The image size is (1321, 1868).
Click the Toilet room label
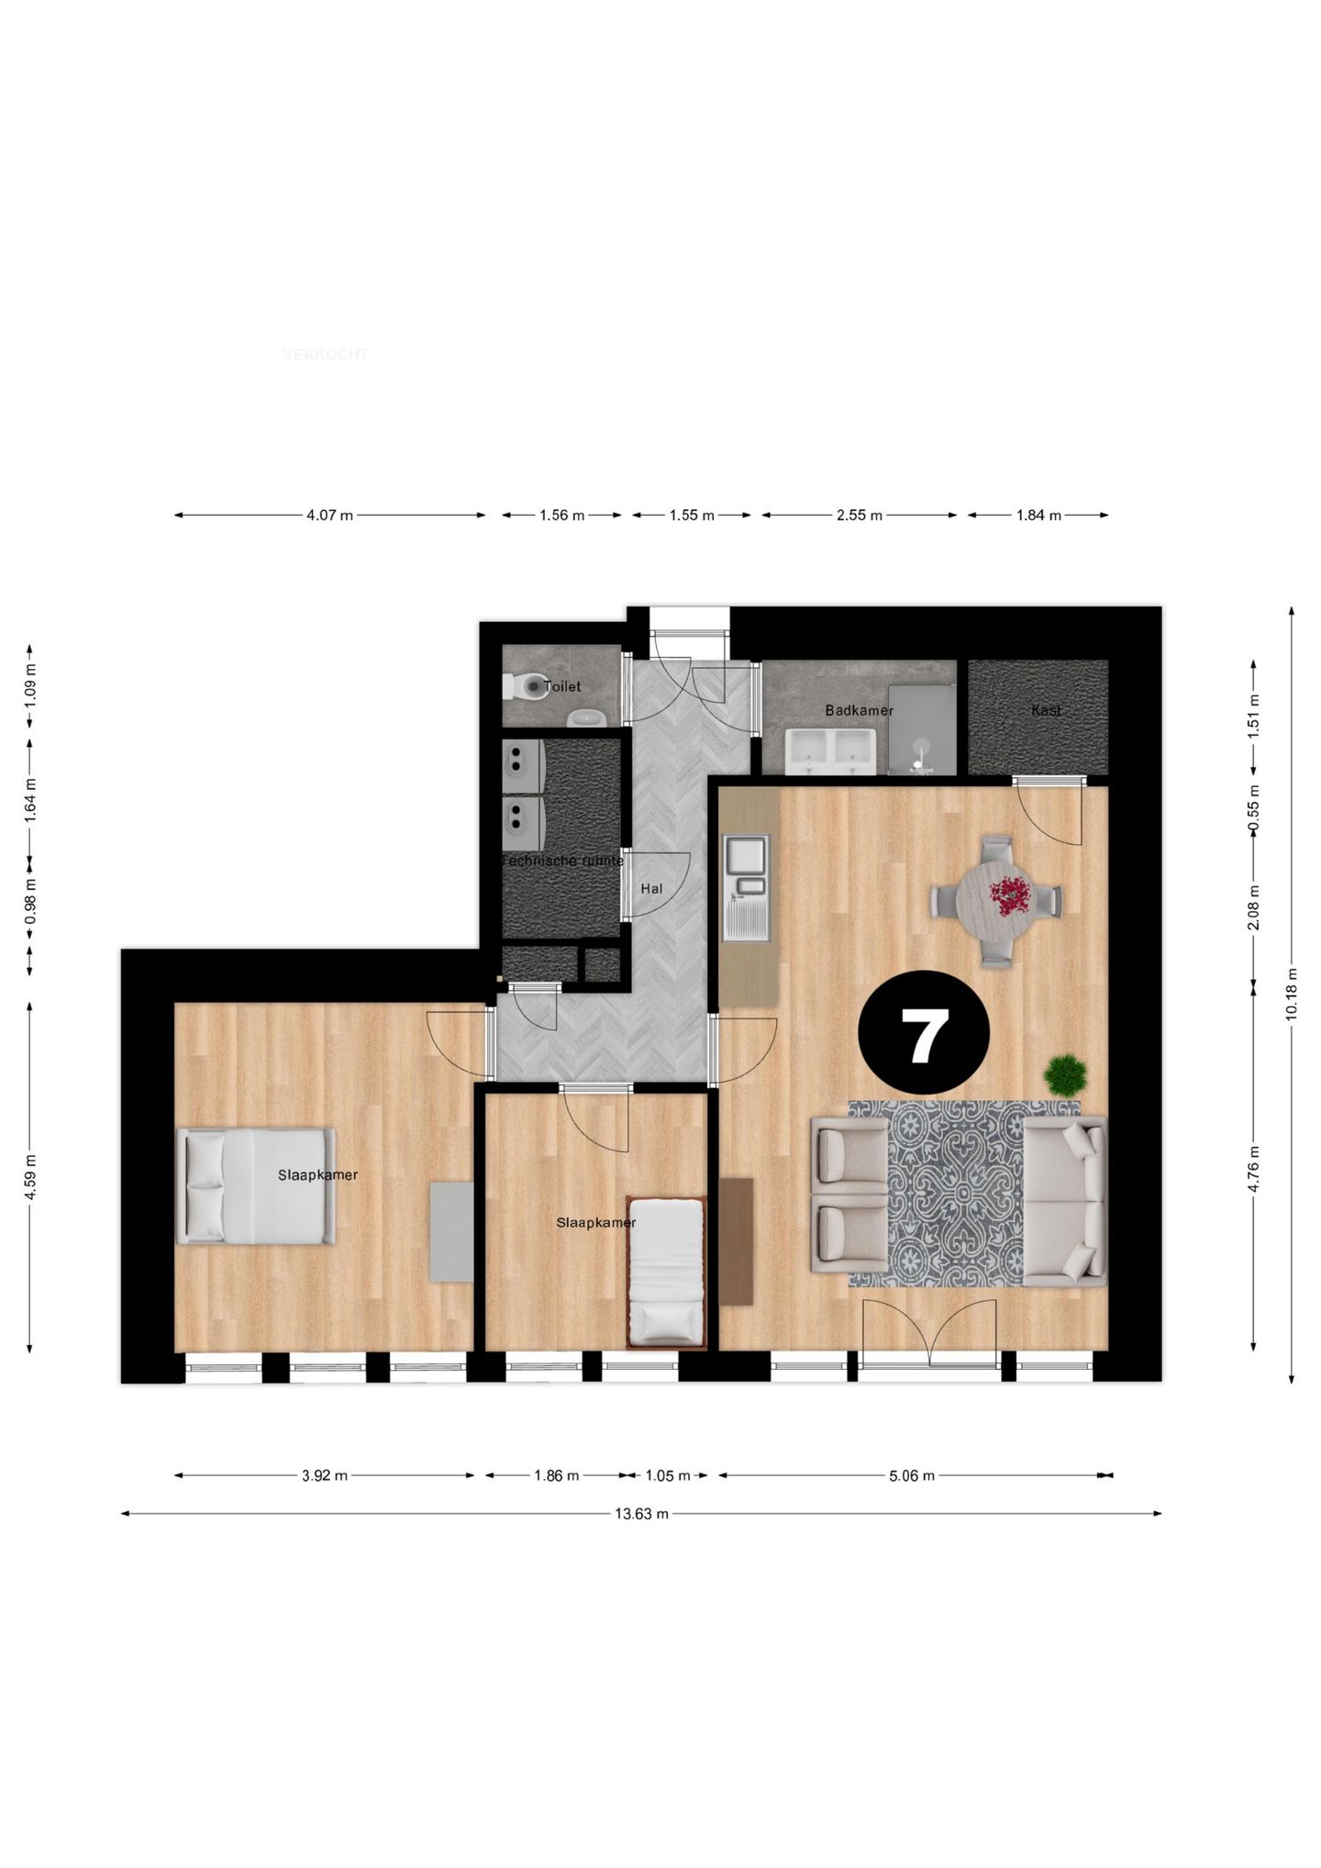(562, 686)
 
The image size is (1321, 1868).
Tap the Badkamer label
(859, 710)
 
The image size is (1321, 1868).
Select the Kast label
(1046, 710)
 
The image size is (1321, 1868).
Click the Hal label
(651, 888)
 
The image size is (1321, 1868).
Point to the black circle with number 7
(924, 1032)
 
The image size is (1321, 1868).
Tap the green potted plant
(1066, 1074)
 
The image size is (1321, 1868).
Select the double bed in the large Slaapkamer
(256, 1186)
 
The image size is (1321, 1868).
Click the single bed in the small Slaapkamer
(667, 1273)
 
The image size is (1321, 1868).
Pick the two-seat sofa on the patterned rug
(1065, 1201)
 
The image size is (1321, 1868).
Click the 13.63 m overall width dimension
(641, 1514)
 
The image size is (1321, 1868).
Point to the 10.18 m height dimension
(1292, 993)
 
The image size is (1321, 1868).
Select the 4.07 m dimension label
(329, 516)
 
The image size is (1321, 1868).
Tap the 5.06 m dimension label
(912, 1475)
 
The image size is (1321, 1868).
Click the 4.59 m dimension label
(30, 1176)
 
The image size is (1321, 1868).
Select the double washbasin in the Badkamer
(832, 748)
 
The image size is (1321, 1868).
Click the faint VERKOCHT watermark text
(326, 354)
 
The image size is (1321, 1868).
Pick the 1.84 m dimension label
(1038, 516)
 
